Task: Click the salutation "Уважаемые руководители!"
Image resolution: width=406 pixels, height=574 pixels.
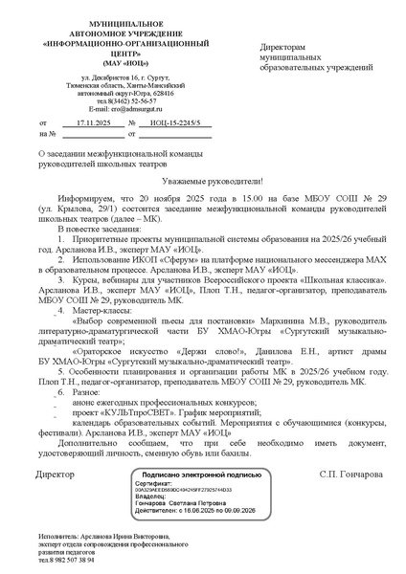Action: click(x=202, y=179)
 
